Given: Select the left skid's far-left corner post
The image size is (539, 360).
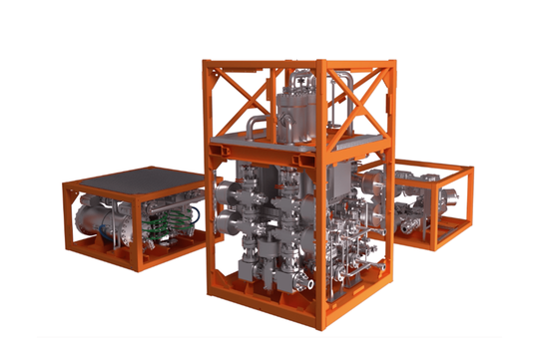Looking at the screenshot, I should [x=67, y=213].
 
